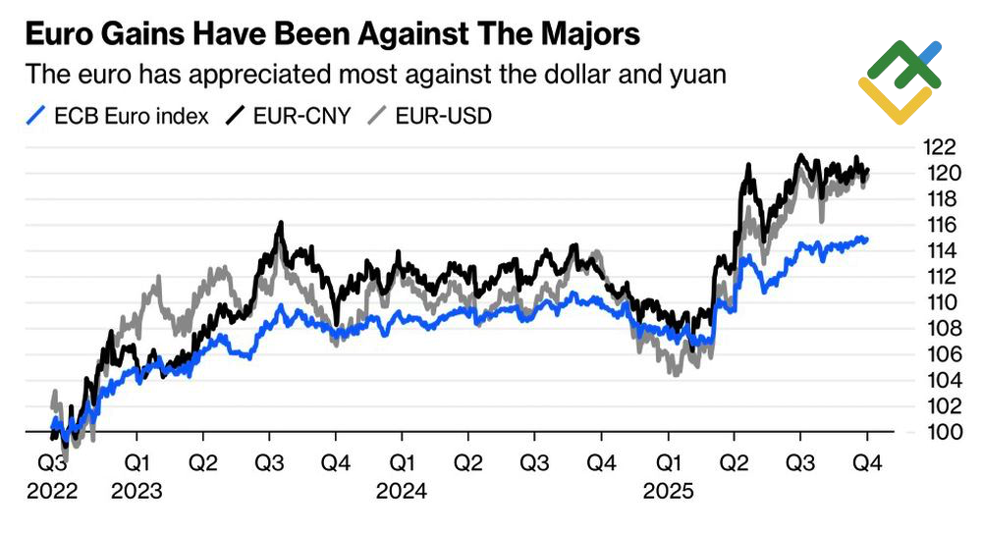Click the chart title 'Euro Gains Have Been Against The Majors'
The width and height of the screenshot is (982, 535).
332,35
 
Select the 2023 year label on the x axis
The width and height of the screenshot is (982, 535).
137,490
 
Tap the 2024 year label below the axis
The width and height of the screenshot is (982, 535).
401,490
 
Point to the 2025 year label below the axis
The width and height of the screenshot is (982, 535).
668,490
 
